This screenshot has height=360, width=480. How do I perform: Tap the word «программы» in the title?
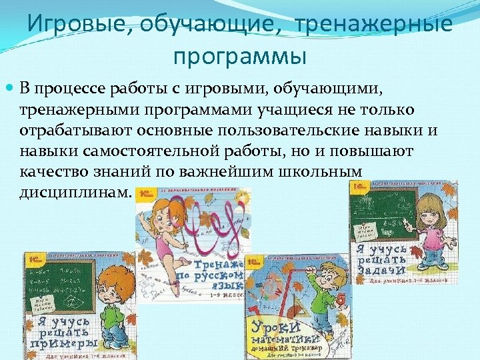[x=239, y=55]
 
